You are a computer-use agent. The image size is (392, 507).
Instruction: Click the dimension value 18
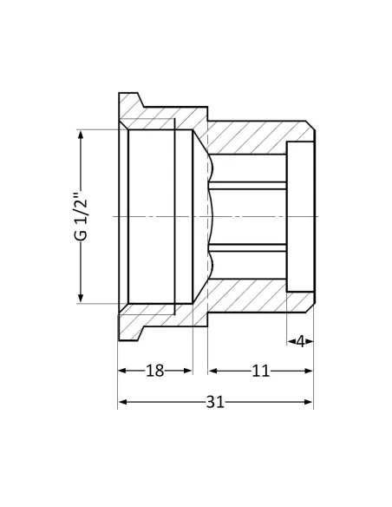coord(154,371)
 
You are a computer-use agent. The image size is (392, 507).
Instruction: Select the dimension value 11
coord(260,371)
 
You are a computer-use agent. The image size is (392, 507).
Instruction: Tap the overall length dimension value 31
coord(216,403)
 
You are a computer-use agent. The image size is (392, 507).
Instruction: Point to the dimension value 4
coord(300,341)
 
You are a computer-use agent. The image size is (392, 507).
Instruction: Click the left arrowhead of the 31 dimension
coord(122,403)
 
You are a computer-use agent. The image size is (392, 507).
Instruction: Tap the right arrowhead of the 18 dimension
coord(188,371)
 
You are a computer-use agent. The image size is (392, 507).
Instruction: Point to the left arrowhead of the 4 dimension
coord(291,341)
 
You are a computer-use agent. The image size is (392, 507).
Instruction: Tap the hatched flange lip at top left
coord(131,104)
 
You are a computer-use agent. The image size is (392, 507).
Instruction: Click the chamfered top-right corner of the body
coord(310,127)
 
